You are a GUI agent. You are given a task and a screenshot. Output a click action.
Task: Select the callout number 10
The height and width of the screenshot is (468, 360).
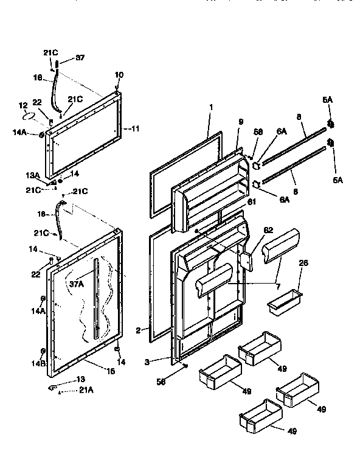coord(119,75)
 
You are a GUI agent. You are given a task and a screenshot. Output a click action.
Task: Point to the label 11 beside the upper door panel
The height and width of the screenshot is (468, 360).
coord(135,129)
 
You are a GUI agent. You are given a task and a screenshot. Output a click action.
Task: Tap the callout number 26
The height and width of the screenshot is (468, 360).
coord(305,264)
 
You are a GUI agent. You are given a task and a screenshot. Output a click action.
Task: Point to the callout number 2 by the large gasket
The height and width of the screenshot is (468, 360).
coord(139,330)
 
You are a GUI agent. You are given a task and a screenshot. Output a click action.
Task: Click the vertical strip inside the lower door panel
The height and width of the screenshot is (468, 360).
coord(95,298)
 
